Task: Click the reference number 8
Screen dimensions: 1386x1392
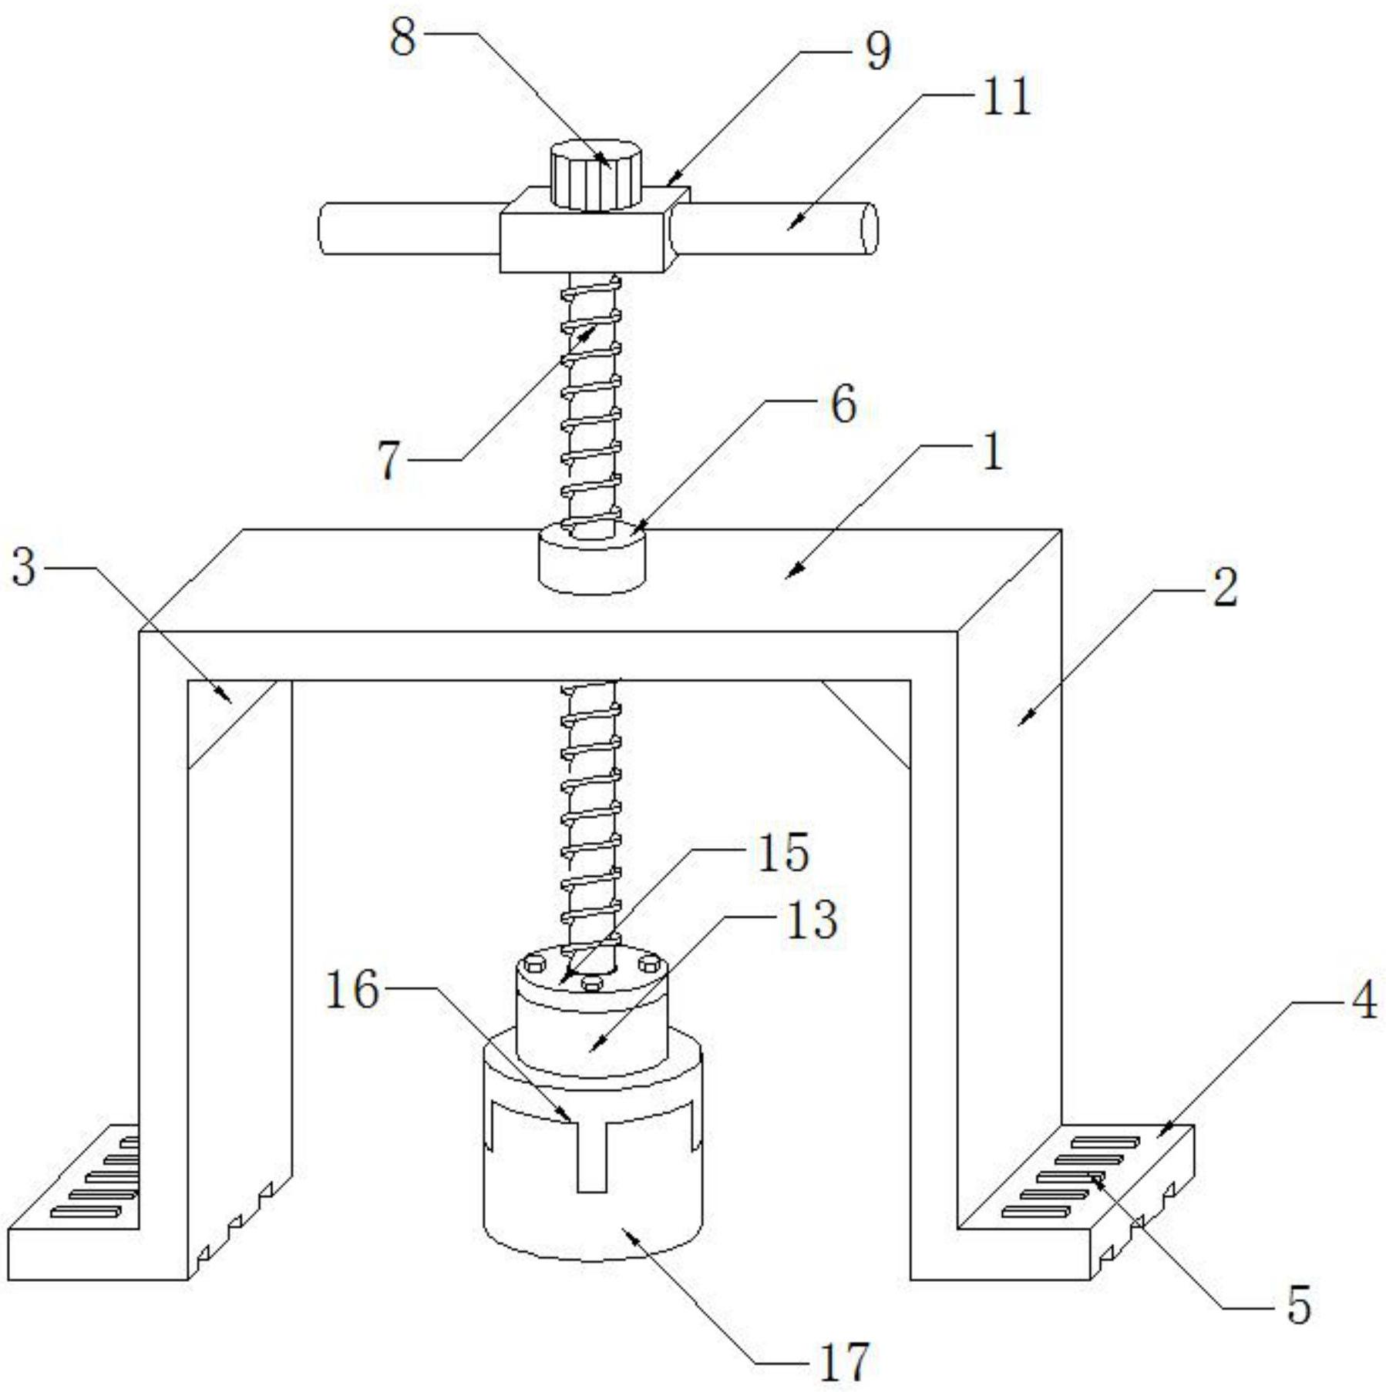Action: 402,37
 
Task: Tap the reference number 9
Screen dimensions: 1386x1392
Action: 877,52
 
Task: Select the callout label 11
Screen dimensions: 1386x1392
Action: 1005,97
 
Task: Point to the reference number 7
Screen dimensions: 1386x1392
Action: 390,460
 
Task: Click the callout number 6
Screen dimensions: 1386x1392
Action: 843,404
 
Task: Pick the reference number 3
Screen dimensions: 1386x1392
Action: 24,567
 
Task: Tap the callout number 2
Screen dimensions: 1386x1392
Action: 1224,588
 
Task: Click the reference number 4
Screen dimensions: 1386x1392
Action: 1363,1001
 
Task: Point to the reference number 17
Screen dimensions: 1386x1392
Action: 844,1361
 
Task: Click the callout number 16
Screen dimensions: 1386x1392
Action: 352,989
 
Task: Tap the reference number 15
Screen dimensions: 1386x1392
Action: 783,852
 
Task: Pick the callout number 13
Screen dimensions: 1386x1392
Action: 812,920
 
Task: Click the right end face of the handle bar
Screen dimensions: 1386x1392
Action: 869,229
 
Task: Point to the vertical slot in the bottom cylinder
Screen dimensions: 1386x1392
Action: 592,1156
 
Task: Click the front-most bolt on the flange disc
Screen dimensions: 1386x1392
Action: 591,984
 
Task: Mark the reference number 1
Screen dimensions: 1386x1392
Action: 993,451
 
